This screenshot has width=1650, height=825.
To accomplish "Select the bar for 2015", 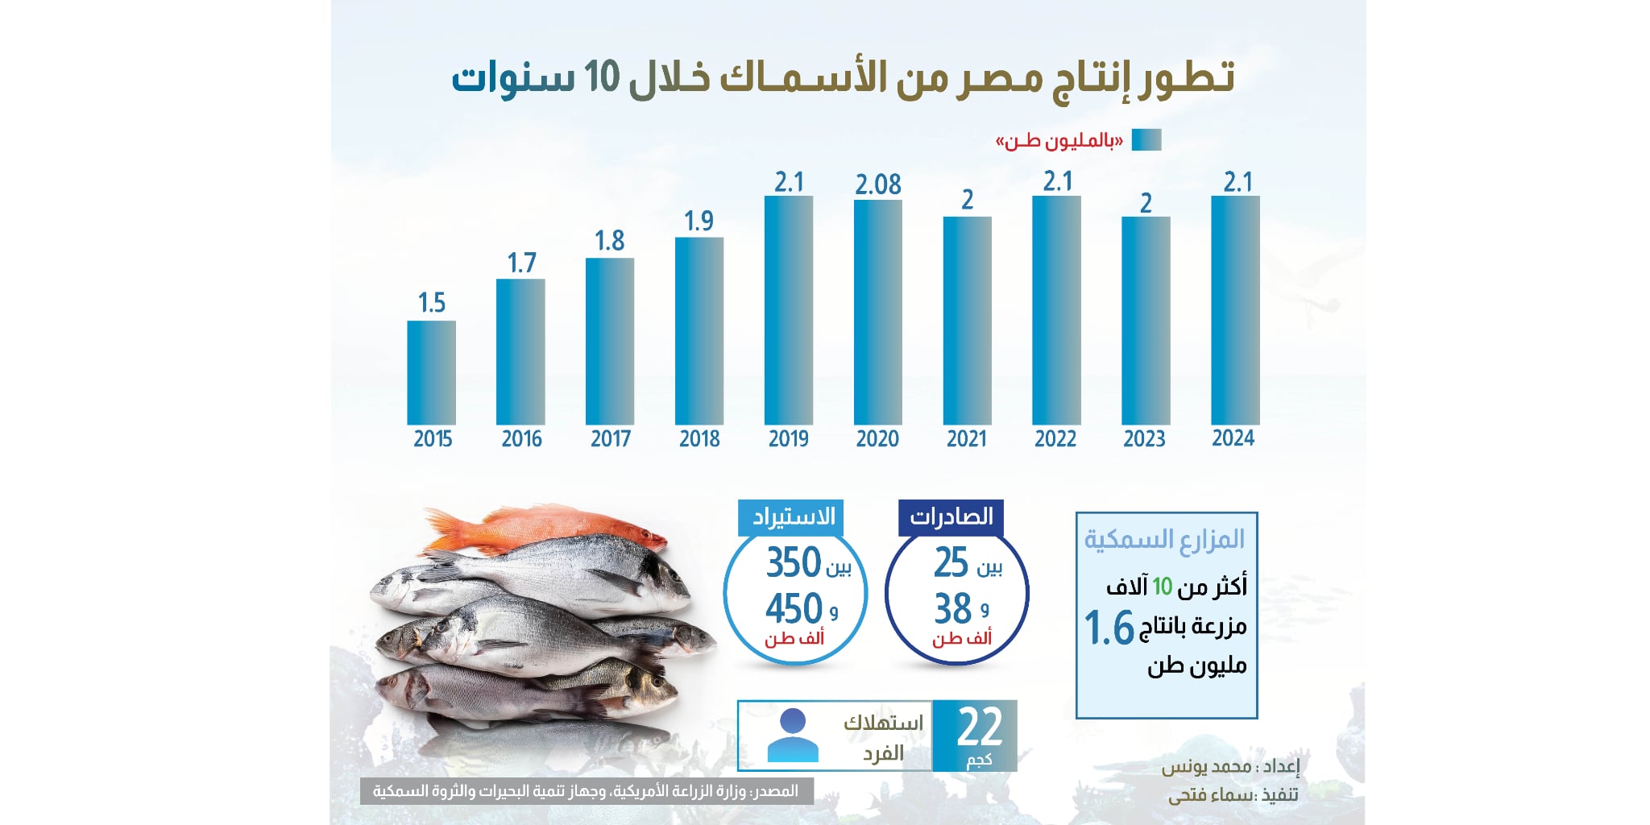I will click(x=431, y=372).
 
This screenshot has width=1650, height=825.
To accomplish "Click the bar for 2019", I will click(x=788, y=310).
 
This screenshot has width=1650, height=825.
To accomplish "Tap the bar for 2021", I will click(x=967, y=321).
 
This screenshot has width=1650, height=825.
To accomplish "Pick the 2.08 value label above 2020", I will click(x=877, y=185).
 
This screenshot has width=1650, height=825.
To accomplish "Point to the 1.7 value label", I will click(x=521, y=263).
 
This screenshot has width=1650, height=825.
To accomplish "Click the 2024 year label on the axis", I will click(x=1233, y=438).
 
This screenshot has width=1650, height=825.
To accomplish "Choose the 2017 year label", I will click(x=610, y=439).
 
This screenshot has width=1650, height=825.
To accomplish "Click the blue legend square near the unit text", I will click(x=1146, y=140).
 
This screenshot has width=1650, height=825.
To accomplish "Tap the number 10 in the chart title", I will click(x=602, y=77).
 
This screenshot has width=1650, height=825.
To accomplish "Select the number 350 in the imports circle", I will click(x=793, y=562).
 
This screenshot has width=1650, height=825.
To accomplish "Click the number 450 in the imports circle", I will click(x=793, y=608).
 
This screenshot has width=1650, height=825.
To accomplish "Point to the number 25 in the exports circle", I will click(x=951, y=562).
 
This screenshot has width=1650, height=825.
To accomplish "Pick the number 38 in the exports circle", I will click(x=952, y=608).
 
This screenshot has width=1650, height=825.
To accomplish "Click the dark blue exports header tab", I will click(x=951, y=517).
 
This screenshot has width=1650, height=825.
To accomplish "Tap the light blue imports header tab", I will click(x=791, y=517).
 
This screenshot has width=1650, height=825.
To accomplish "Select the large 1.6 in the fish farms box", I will click(x=1109, y=628).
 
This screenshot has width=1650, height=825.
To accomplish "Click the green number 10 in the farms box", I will click(x=1162, y=587).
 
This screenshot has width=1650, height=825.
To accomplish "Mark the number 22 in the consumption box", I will click(x=979, y=727).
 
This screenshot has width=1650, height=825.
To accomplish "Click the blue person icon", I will click(x=793, y=736).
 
